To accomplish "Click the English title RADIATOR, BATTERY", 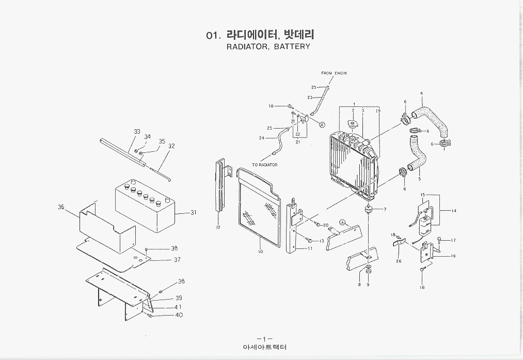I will (x=268, y=46).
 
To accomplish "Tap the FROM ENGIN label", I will (x=334, y=73).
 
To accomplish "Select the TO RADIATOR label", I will (x=265, y=165).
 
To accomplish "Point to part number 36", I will (x=61, y=207).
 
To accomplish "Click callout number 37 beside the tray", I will (x=177, y=260).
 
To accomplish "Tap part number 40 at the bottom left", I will (x=179, y=315).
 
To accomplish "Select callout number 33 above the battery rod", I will (x=137, y=132).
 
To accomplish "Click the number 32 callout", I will (x=171, y=146).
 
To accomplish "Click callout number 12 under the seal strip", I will (x=218, y=227).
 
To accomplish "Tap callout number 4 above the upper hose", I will (x=421, y=93).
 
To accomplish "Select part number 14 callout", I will (x=454, y=211).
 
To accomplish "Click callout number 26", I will (x=399, y=261).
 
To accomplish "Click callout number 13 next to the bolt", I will (x=322, y=241).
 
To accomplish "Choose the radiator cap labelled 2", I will (x=353, y=124).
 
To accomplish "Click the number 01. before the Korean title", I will (x=213, y=36).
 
